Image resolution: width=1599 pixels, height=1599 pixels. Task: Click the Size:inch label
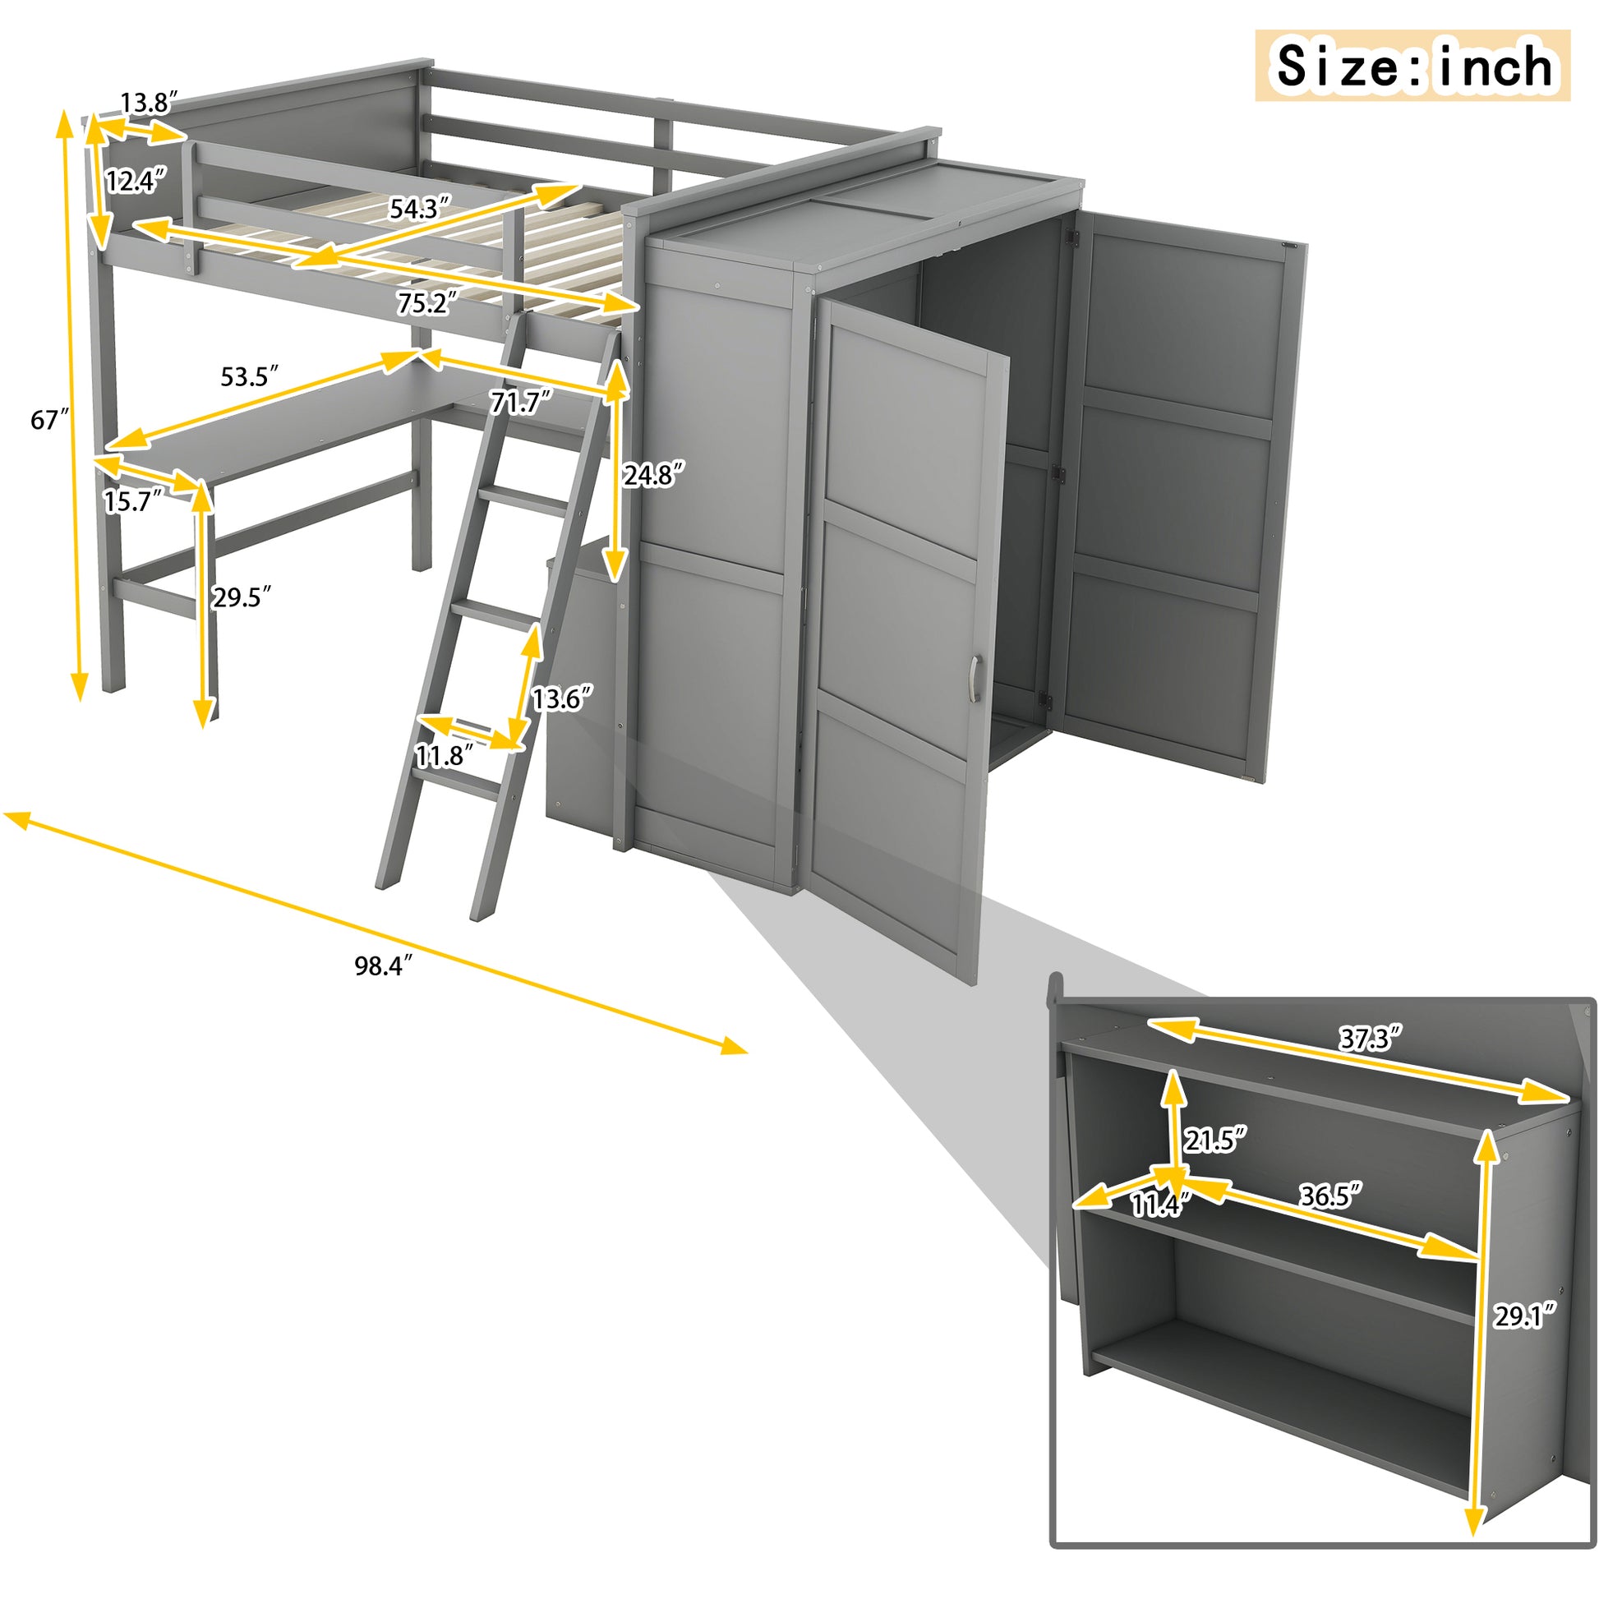[x=1412, y=67]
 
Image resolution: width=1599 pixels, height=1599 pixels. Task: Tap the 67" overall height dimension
[x=48, y=421]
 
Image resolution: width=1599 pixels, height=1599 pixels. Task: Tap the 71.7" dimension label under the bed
[x=520, y=403]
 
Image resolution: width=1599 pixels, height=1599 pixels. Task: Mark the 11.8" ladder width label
[x=445, y=755]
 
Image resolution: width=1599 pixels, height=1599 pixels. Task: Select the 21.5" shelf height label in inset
[x=1214, y=1141]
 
